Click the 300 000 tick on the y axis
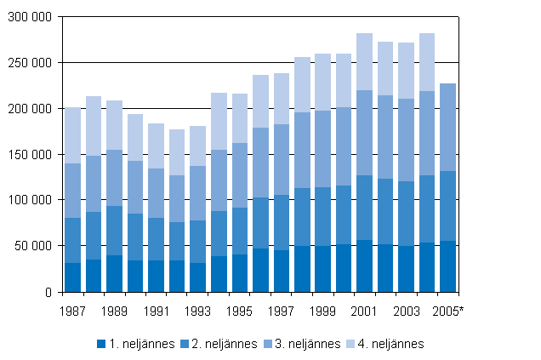pos(31,17)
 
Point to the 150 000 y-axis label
pos(31,154)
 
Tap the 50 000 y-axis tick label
pos(35,246)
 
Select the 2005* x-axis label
pos(449,311)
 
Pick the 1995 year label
pos(240,311)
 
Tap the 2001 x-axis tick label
pos(365,311)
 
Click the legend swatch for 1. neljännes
pos(100,344)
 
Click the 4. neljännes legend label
pos(387,344)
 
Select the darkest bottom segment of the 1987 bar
pos(73,277)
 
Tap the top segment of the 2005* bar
pos(448,127)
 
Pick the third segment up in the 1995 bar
pos(240,174)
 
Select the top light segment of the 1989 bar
pos(115,125)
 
